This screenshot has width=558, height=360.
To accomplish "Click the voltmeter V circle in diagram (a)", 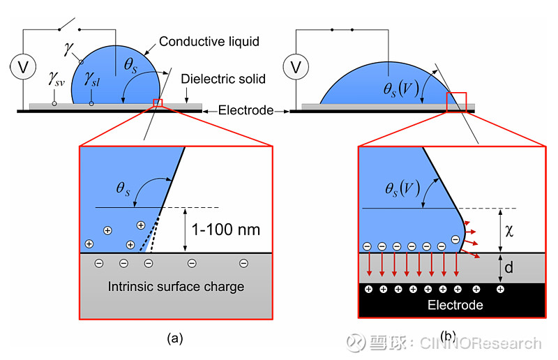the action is point(23,66).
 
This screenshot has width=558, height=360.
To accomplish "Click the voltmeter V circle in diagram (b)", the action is point(296,66).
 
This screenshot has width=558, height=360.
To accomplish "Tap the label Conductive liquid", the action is point(209,42).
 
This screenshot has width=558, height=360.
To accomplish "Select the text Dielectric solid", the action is point(223,79).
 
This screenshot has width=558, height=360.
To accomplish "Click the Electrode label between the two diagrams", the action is point(246,110).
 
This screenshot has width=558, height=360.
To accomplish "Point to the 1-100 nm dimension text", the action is point(226,230).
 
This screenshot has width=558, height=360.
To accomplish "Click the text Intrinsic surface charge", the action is point(176,287).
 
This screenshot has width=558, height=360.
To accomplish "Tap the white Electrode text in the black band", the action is point(455,305).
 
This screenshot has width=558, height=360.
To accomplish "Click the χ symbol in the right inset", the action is point(509,231).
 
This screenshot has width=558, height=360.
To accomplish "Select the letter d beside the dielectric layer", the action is point(509,267).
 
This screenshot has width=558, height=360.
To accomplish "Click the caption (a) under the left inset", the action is point(175,338).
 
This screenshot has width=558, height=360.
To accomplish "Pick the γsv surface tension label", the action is point(56,79).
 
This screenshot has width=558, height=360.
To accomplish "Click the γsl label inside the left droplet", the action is point(92,79).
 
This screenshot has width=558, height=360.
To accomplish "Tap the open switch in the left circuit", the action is point(67,24).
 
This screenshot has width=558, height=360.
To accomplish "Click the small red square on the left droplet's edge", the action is point(158,103).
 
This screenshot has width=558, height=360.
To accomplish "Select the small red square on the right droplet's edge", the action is point(456,103).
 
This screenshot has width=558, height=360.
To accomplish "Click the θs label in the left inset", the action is point(123,188).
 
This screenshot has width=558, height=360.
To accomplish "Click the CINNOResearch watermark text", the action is point(481,343).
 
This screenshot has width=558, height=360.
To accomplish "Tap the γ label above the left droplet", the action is point(68,48).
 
